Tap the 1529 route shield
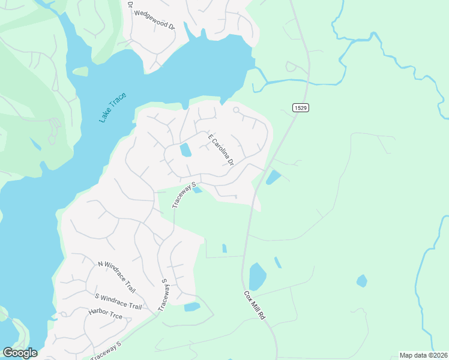pos(301,107)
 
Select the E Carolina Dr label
pos(220,150)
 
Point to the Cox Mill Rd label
pos(254,305)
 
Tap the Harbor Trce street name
pos(106,313)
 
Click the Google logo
pos(20,353)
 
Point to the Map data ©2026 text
pos(423,355)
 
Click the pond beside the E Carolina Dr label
pos(186,149)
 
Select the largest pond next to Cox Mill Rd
pos(258,276)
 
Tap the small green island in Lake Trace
pos(80,71)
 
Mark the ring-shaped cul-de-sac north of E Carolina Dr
pos(237,110)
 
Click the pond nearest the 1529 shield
pos(273,177)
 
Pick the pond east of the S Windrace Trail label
pos(192,307)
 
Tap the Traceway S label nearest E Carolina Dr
pos(185,195)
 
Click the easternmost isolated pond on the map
pos(361,280)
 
